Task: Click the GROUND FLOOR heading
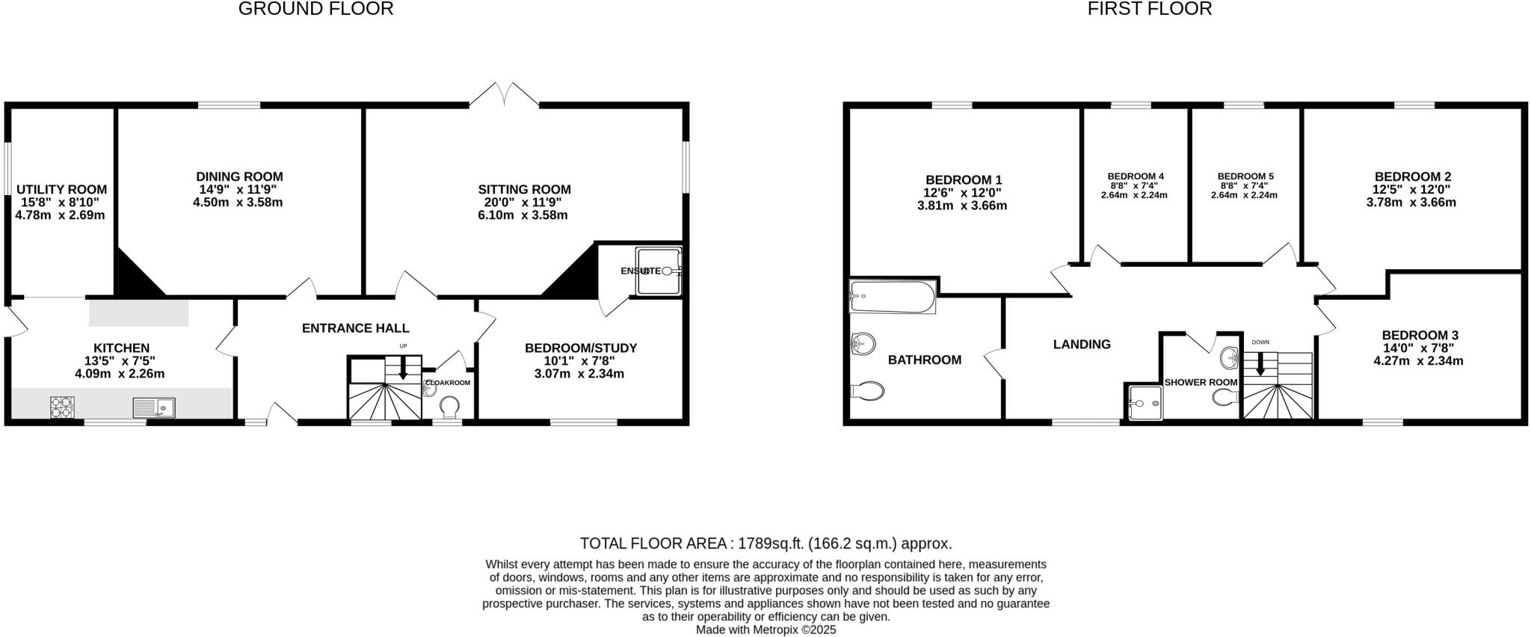[315, 9]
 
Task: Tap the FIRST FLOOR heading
[1149, 9]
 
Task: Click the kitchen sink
[154, 407]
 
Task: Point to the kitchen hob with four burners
[61, 407]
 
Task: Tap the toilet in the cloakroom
[449, 407]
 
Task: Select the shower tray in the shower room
[1144, 403]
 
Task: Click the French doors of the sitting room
[505, 96]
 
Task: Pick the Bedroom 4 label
[1136, 176]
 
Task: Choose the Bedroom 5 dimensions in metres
[1244, 196]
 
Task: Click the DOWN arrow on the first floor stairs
[1260, 364]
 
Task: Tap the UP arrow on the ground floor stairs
[403, 369]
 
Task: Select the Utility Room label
[61, 190]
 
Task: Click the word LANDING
[1082, 345]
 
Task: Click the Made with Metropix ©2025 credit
[765, 630]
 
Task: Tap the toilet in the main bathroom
[867, 390]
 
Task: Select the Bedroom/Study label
[580, 348]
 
